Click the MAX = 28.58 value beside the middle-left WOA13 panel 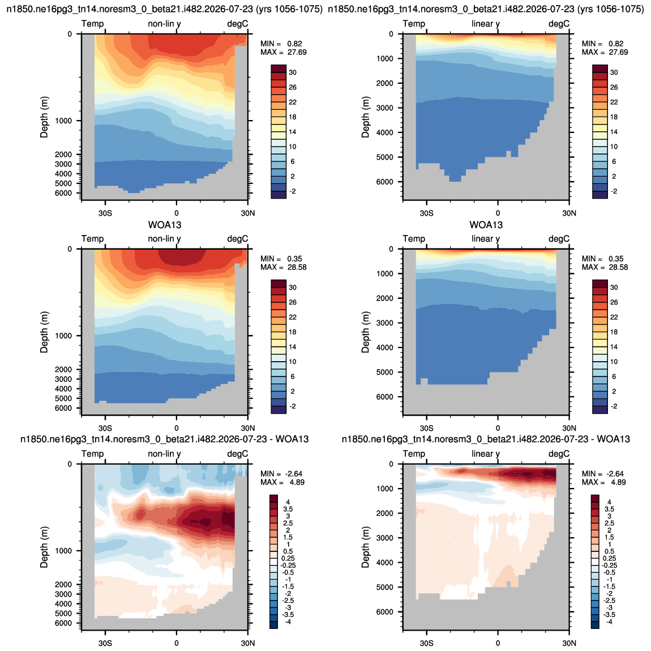[x=284, y=267]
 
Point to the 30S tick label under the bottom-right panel [x=426, y=643]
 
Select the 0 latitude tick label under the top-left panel [x=177, y=213]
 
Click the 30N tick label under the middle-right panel [x=569, y=428]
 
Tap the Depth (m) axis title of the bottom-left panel [x=44, y=547]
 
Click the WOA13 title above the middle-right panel [x=486, y=225]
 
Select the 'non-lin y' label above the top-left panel [x=164, y=24]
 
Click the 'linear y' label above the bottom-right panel [x=486, y=454]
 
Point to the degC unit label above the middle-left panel [x=238, y=239]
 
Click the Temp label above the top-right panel [x=414, y=24]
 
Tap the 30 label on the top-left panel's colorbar [x=293, y=72]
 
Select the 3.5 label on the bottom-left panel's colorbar [x=288, y=509]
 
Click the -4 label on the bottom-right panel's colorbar [x=608, y=622]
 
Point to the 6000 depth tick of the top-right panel [x=385, y=182]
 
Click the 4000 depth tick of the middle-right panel [x=385, y=348]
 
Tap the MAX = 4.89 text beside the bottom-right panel [x=603, y=482]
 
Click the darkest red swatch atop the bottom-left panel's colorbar [x=273, y=498]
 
